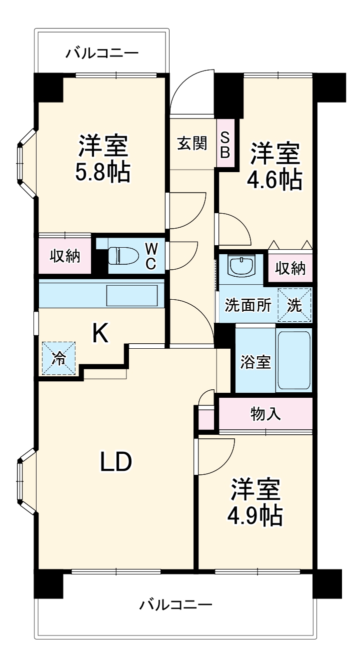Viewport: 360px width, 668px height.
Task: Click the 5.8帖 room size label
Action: (103, 173)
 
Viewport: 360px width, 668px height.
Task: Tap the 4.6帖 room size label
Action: (275, 180)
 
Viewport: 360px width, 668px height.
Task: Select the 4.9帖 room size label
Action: (255, 516)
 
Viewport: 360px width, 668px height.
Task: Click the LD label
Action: (116, 462)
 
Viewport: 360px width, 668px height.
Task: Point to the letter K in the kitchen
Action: (100, 333)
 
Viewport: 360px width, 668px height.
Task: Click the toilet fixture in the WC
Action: (122, 255)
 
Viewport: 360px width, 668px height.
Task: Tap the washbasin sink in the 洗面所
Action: (241, 265)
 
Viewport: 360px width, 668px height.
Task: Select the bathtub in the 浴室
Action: (294, 360)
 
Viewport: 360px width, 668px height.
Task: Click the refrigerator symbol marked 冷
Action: (58, 358)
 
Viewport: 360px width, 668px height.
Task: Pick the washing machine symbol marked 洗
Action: (294, 305)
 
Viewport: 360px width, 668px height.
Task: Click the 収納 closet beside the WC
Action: (64, 256)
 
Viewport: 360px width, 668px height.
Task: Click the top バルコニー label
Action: (102, 53)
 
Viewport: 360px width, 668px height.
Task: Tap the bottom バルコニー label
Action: (175, 604)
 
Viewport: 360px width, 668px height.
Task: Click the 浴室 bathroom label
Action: (255, 362)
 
